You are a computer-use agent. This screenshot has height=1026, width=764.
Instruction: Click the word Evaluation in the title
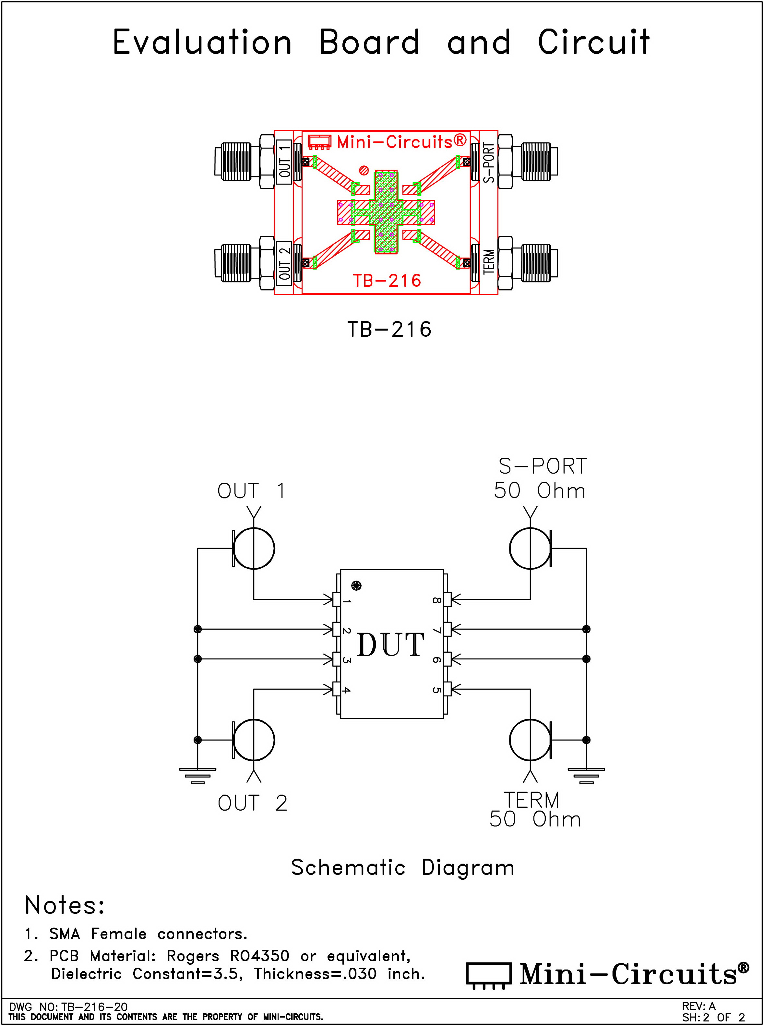[x=202, y=42]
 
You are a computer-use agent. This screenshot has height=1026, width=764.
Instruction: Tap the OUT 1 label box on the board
[x=284, y=162]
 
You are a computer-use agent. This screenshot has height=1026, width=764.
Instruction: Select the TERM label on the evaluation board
[x=489, y=262]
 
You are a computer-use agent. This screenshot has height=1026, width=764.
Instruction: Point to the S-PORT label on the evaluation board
[x=489, y=163]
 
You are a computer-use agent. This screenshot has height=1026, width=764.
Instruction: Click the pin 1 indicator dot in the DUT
[x=356, y=585]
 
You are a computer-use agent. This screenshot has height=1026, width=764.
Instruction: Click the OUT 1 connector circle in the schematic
[x=254, y=548]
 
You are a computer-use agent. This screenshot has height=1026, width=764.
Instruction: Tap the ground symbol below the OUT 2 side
[x=197, y=775]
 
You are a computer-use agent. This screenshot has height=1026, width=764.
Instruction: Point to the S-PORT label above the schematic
[x=543, y=466]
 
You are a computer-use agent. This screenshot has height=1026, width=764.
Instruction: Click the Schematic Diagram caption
[x=402, y=868]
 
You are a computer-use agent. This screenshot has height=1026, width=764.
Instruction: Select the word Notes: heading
[x=65, y=905]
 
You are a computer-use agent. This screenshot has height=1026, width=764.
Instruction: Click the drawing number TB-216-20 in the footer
[x=94, y=1006]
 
